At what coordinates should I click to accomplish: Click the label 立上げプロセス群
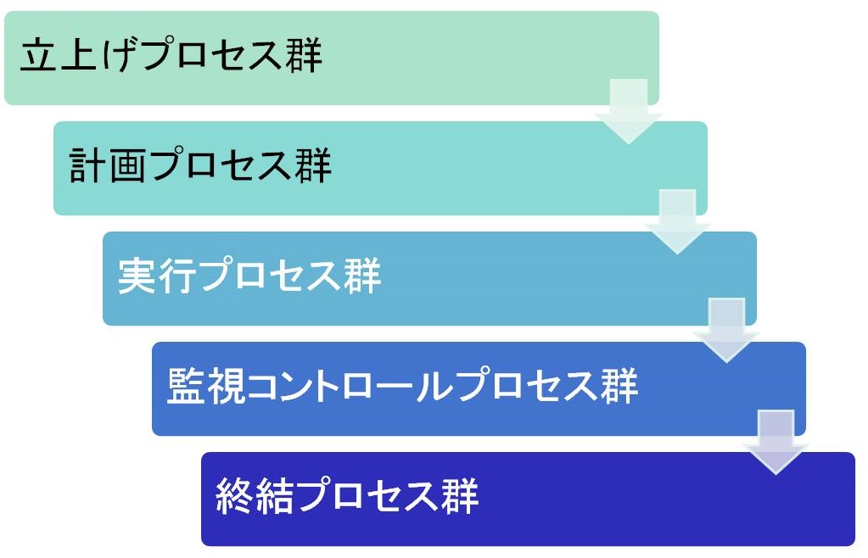click(x=171, y=55)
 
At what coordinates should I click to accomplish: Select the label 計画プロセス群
click(x=200, y=165)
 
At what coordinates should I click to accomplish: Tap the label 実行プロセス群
click(x=249, y=275)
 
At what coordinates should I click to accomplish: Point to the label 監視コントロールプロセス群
click(x=403, y=386)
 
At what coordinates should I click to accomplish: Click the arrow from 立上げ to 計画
click(x=629, y=111)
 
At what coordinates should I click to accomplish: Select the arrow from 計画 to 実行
click(x=678, y=222)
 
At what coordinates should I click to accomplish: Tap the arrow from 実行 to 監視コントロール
click(x=727, y=331)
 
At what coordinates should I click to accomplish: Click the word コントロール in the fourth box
click(x=351, y=386)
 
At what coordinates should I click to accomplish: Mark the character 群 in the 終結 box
click(x=460, y=495)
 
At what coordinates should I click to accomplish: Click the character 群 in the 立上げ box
click(x=304, y=55)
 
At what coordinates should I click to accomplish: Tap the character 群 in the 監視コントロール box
click(x=620, y=386)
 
